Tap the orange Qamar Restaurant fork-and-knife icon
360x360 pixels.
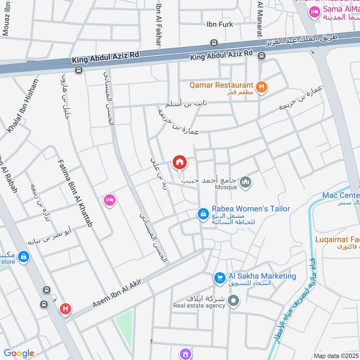261,87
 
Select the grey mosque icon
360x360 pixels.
246,182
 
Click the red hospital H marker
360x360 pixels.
65,309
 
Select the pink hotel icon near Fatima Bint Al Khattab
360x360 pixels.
109,200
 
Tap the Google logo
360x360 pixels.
19,353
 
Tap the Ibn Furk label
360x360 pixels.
220,25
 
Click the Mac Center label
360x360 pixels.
341,195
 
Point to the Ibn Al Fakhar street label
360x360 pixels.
158,22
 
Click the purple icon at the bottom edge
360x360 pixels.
184,354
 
